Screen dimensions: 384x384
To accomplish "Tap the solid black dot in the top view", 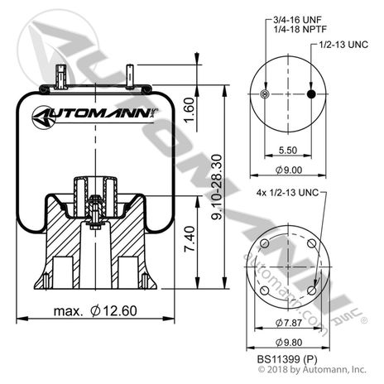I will [311, 95].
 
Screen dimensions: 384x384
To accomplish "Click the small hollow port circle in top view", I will [264, 95].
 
